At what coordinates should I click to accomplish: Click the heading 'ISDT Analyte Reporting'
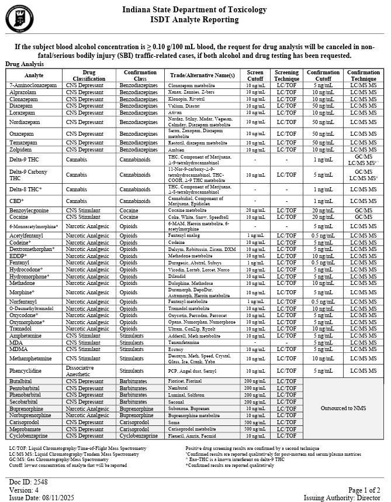pyautogui.click(x=194, y=20)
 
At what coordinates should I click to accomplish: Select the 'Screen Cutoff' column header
pyautogui.click(x=255, y=75)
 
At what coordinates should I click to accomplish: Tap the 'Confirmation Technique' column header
pyautogui.click(x=364, y=75)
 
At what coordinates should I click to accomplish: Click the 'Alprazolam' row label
pyautogui.click(x=23, y=92)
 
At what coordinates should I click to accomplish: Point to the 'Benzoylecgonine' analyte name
pyautogui.click(x=29, y=209)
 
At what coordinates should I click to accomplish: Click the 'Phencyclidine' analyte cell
pyautogui.click(x=27, y=370)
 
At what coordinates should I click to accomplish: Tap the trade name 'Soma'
pyautogui.click(x=174, y=422)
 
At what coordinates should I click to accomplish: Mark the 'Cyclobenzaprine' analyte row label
pyautogui.click(x=29, y=436)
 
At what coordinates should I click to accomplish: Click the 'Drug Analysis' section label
pyautogui.click(x=25, y=64)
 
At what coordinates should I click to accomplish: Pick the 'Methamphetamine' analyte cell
pyautogui.click(x=30, y=358)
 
